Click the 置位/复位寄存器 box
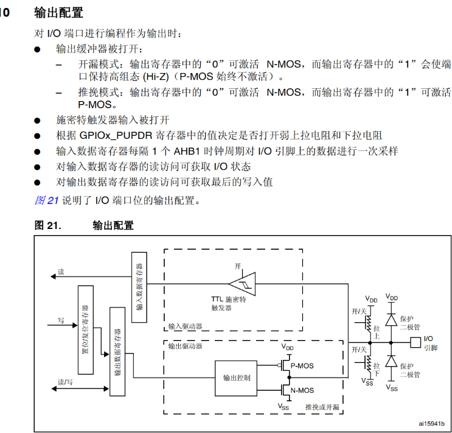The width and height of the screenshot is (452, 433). tap(85, 329)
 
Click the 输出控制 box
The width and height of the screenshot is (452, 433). tap(237, 378)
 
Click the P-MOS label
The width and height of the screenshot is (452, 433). tap(302, 365)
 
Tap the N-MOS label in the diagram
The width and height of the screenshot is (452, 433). tap(302, 390)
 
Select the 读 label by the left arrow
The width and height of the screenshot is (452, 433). tap(61, 270)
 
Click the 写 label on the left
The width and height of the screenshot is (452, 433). tap(61, 320)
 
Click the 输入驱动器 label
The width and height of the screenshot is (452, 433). tap(185, 326)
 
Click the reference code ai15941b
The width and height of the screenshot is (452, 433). tap(431, 423)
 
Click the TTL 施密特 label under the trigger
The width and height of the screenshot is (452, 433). tap(229, 300)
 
